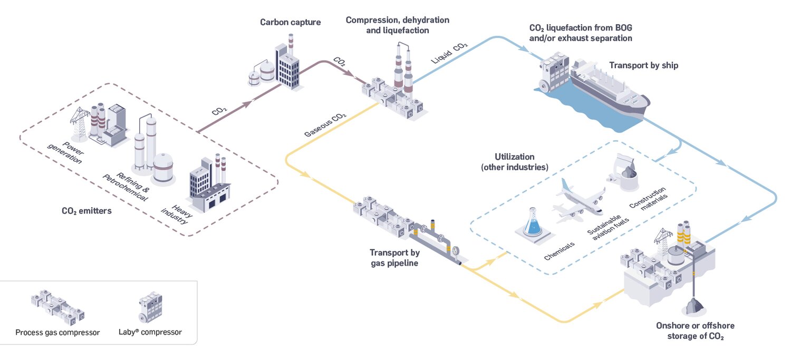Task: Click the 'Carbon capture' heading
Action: [x=290, y=22]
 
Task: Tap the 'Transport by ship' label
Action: [x=643, y=65]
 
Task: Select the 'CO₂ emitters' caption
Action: [x=86, y=211]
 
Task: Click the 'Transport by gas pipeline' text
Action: [x=394, y=257]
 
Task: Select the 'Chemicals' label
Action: [x=559, y=248]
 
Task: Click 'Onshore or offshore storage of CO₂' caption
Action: [x=694, y=330]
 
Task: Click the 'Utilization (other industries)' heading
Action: [x=514, y=162]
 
